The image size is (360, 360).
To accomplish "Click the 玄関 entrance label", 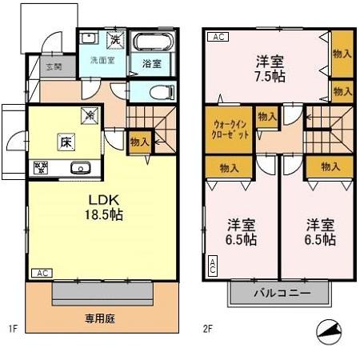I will coord(54,67).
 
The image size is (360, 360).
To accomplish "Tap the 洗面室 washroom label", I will coord(102,60).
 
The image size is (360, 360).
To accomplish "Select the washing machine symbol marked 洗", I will coord(116,39).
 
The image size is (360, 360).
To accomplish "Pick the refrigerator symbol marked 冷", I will coord(91,115).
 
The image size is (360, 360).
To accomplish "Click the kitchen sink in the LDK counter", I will coord(80,168).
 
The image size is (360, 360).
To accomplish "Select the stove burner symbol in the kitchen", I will coord(40,168).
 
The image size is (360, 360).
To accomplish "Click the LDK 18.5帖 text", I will coord(104,206).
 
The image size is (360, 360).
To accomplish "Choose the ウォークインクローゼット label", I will coord(230,129).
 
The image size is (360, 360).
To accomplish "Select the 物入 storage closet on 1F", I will coord(138,141).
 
